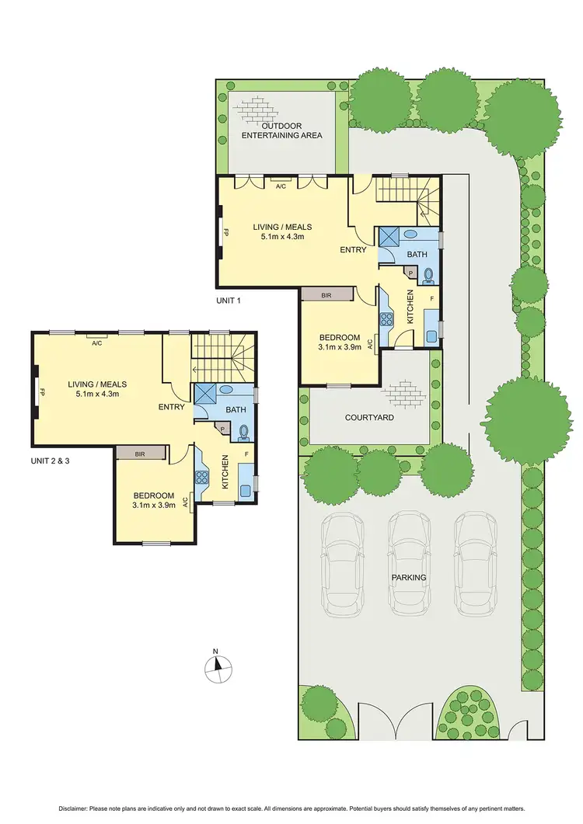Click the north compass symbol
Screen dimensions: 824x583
[x=218, y=665]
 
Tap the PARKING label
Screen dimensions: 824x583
[x=409, y=578]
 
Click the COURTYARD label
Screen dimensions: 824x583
[x=369, y=417]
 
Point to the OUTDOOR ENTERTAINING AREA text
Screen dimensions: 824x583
[x=281, y=130]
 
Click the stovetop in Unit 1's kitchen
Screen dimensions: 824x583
[x=386, y=318]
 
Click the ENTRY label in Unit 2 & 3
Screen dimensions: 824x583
[x=171, y=407]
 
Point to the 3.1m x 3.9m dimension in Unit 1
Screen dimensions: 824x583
[x=340, y=348]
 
